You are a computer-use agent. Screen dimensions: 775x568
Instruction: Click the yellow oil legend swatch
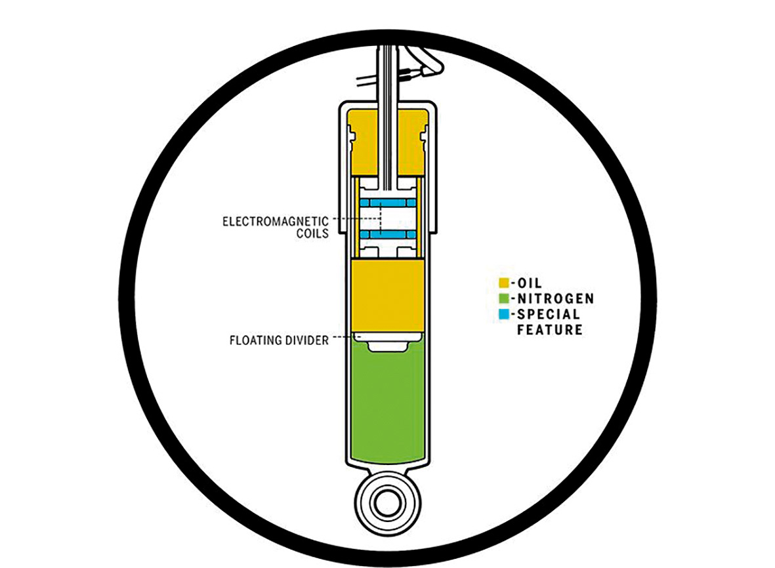pos(503,283)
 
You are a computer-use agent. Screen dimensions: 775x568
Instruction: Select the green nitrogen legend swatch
pos(503,298)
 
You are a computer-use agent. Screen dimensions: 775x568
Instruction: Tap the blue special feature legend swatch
pos(503,314)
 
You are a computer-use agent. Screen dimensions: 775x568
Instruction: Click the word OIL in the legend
pos(530,283)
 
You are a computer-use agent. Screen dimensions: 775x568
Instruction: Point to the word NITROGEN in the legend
pos(556,298)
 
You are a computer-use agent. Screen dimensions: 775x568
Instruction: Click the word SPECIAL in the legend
pos(548,314)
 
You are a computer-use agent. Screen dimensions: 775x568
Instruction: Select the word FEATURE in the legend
pos(550,329)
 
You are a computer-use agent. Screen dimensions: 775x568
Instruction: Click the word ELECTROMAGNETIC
pos(276,221)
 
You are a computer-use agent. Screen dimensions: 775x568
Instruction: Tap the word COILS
pos(312,233)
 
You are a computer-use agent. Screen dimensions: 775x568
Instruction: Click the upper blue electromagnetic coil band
pos(387,203)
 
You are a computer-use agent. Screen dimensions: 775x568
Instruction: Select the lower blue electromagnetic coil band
pos(387,235)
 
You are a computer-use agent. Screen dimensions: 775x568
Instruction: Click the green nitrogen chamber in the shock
pos(387,405)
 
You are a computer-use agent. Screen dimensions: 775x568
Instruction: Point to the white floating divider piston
pos(388,341)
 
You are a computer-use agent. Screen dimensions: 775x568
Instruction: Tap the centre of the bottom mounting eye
pos(387,504)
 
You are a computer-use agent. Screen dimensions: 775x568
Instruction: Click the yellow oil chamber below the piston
pos(387,295)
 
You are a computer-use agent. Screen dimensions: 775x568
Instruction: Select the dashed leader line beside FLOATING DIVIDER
pos(343,337)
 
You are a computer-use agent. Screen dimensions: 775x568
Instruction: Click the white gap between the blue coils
pos(387,219)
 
